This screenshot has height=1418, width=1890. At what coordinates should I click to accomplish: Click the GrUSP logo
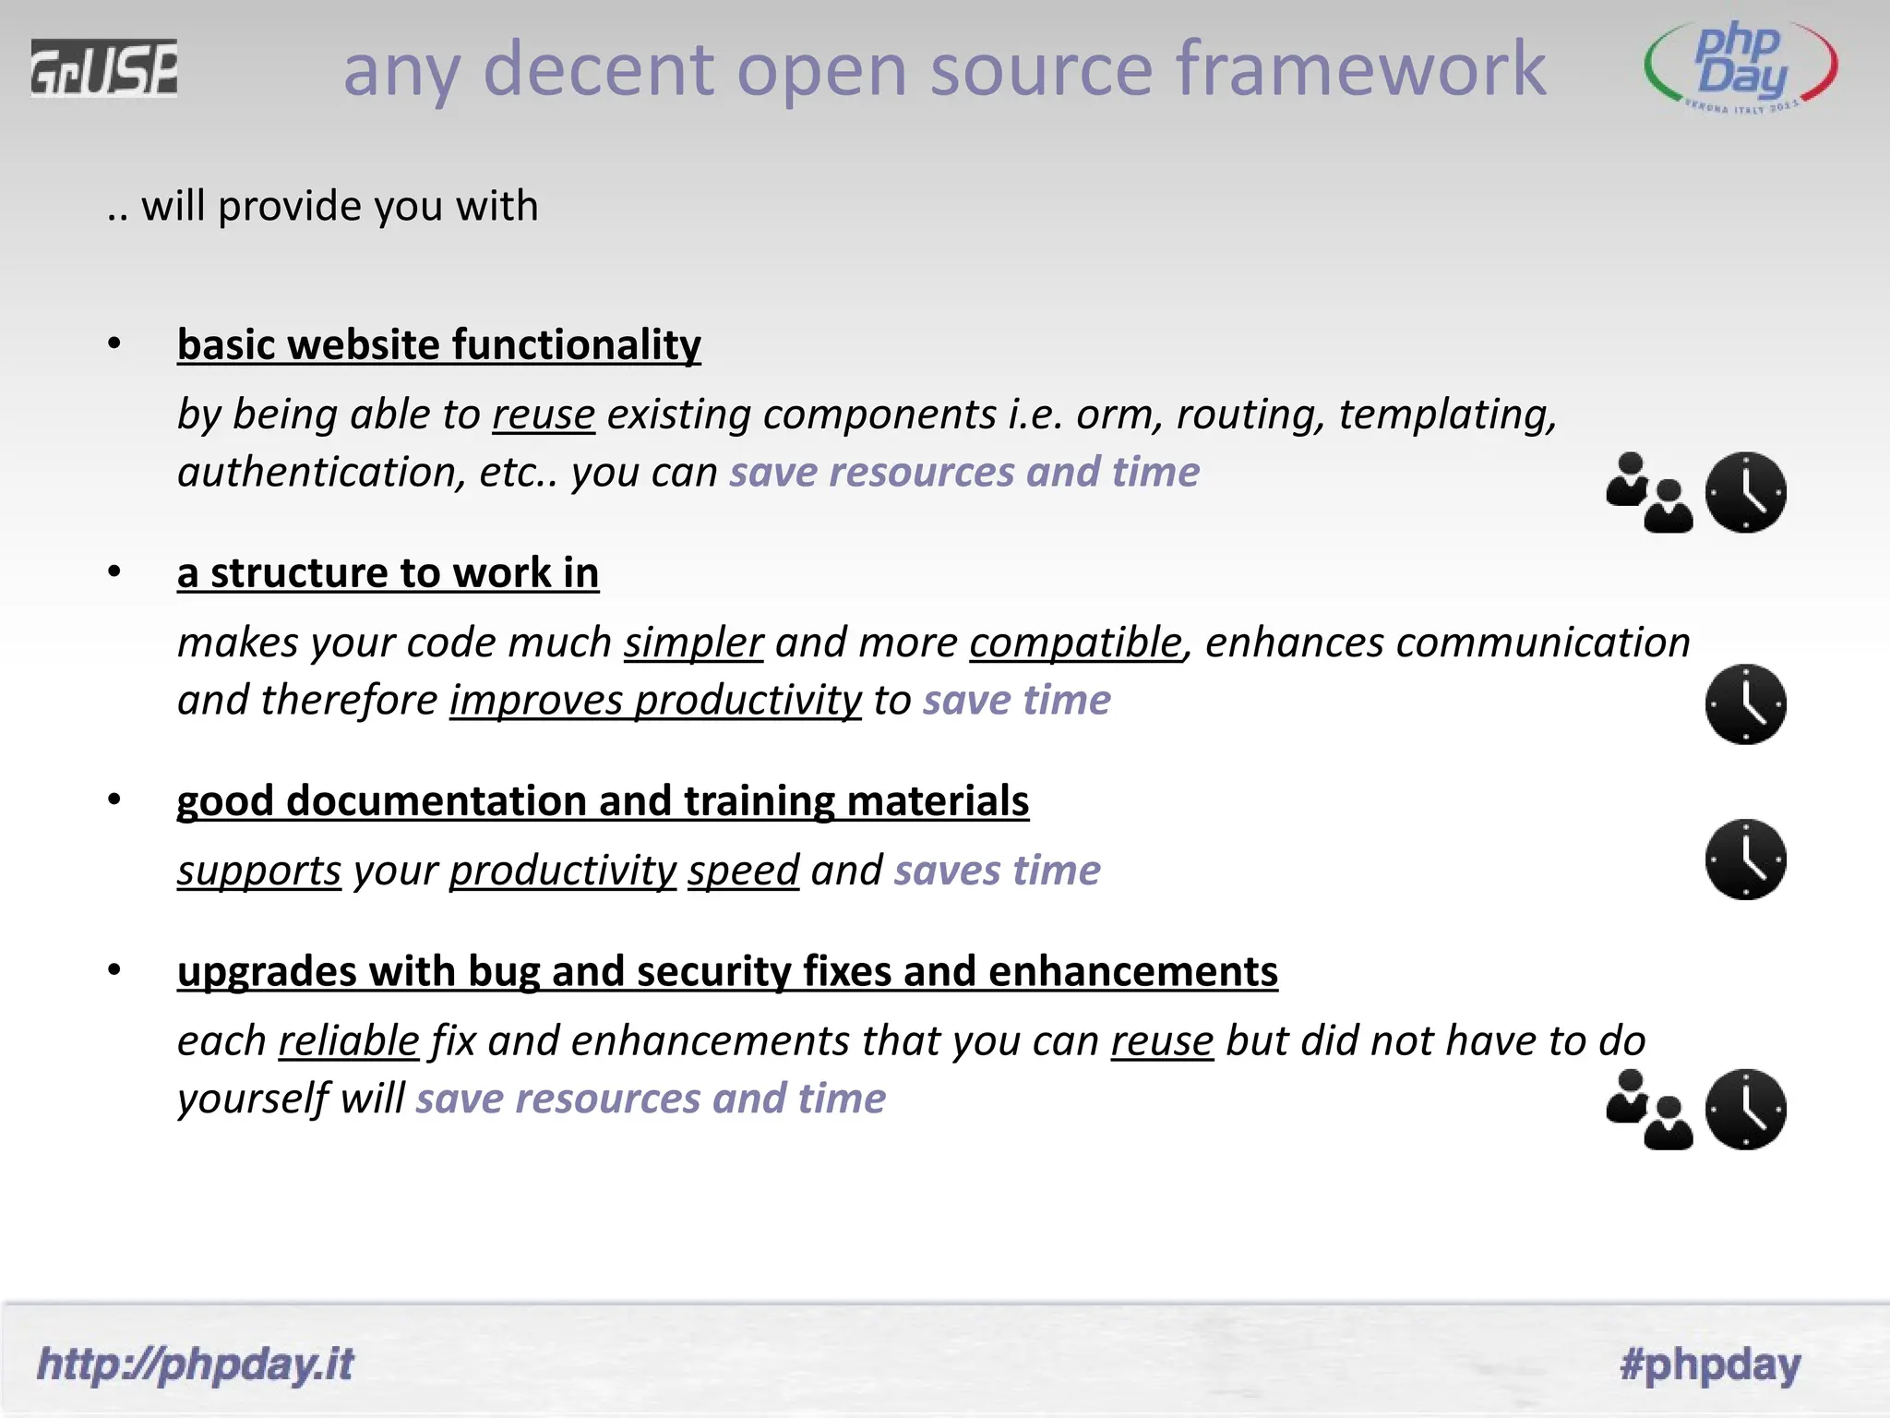click(x=103, y=67)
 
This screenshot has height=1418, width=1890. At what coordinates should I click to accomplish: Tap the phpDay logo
click(x=1740, y=66)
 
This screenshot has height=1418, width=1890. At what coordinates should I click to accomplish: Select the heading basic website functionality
click(x=438, y=344)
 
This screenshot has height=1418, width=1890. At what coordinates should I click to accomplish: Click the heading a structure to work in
click(x=388, y=572)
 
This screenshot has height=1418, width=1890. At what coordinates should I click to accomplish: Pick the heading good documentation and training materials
click(x=602, y=800)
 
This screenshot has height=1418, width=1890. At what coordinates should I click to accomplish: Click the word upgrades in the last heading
click(x=267, y=971)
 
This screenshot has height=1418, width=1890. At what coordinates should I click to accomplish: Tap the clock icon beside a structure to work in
click(x=1745, y=703)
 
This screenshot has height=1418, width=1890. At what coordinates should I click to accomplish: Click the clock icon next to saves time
click(x=1745, y=859)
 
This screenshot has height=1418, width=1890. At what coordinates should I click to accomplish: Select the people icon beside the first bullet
click(x=1649, y=492)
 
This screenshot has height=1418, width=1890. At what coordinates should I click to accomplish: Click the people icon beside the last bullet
click(x=1649, y=1109)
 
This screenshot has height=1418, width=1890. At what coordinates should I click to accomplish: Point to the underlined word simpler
click(x=693, y=643)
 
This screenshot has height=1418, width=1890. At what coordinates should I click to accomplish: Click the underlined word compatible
click(x=1075, y=643)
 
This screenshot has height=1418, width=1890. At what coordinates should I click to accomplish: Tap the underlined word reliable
click(x=349, y=1041)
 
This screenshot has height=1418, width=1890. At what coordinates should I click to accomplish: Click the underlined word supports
click(x=258, y=871)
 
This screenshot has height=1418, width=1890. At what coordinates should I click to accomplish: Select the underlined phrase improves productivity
click(x=655, y=701)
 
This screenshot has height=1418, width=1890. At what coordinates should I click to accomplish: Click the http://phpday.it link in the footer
click(x=195, y=1364)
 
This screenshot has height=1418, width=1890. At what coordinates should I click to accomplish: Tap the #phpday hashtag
click(x=1710, y=1364)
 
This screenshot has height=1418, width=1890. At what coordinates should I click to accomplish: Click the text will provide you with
click(x=339, y=206)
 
